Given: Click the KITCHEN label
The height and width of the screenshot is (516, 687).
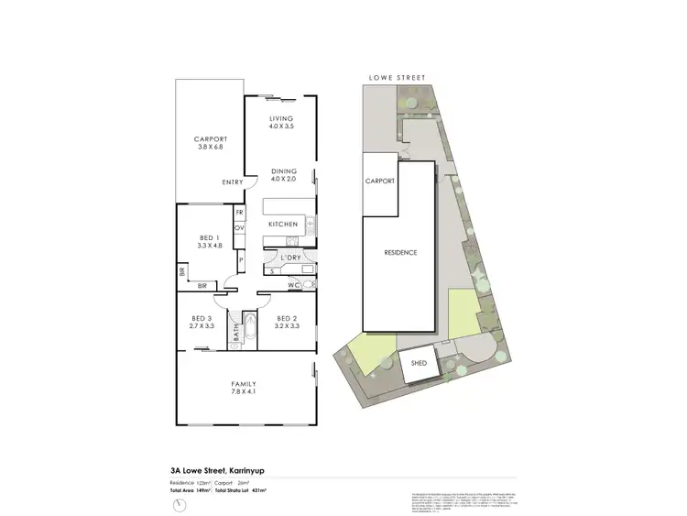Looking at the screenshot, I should (281, 225).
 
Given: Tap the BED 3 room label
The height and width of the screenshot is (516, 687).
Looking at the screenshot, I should (201, 322).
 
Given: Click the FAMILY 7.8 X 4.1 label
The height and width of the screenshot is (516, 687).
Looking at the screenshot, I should (243, 388).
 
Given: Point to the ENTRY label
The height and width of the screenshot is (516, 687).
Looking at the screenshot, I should (233, 182).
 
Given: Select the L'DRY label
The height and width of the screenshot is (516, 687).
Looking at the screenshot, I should (291, 258).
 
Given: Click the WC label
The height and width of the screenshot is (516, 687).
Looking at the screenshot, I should (292, 285).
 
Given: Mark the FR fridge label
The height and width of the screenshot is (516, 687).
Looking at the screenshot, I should (239, 212).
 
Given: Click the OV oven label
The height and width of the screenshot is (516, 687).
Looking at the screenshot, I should (239, 227).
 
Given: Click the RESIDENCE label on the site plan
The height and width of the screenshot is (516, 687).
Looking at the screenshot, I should (400, 252).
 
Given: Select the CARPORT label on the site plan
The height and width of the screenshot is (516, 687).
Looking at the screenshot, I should (380, 181).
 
